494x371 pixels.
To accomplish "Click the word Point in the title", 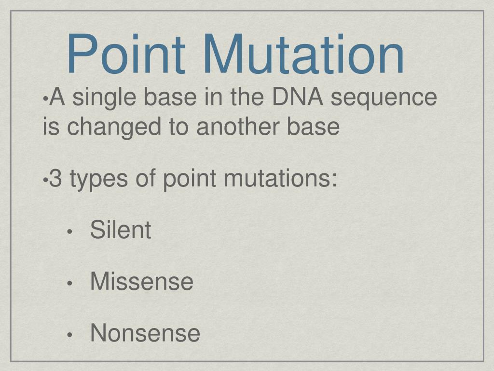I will pyautogui.click(x=125, y=54).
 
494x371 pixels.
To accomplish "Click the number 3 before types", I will pyautogui.click(x=56, y=179).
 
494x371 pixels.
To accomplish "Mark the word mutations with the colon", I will pyautogui.click(x=280, y=179).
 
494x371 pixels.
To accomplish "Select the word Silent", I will pyautogui.click(x=121, y=230).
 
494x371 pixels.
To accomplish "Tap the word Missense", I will pyautogui.click(x=142, y=281).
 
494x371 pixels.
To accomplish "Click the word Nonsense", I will pyautogui.click(x=145, y=333).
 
